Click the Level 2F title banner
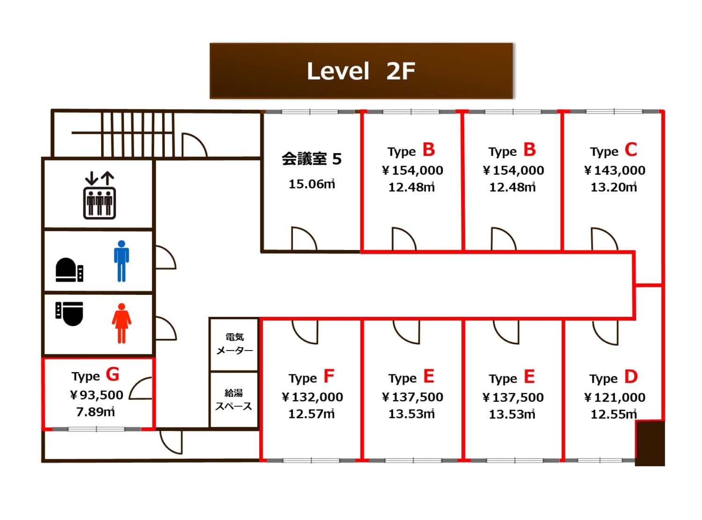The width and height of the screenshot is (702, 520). [x=361, y=71]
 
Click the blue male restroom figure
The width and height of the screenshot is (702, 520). [x=121, y=261]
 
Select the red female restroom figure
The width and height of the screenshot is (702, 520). [x=121, y=323]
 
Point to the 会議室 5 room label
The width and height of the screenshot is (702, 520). [x=311, y=159]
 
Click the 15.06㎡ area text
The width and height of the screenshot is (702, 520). [x=311, y=184]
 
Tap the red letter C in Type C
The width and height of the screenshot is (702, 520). [x=630, y=150]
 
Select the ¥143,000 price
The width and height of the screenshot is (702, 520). [x=614, y=170]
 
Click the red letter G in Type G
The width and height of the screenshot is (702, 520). [x=112, y=374]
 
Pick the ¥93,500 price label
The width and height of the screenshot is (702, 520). [x=96, y=395]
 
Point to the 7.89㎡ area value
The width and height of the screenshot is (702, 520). [x=95, y=412]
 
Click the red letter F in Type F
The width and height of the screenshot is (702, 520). [x=329, y=376]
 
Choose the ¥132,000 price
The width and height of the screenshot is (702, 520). [x=312, y=397]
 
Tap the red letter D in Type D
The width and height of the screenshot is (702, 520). [x=631, y=376]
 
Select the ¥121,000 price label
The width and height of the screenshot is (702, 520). [x=614, y=397]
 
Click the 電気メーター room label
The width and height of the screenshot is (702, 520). [x=234, y=344]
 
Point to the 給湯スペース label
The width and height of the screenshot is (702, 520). [x=234, y=399]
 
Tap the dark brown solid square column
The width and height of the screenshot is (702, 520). [x=650, y=443]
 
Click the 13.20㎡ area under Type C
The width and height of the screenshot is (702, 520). [x=614, y=187]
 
